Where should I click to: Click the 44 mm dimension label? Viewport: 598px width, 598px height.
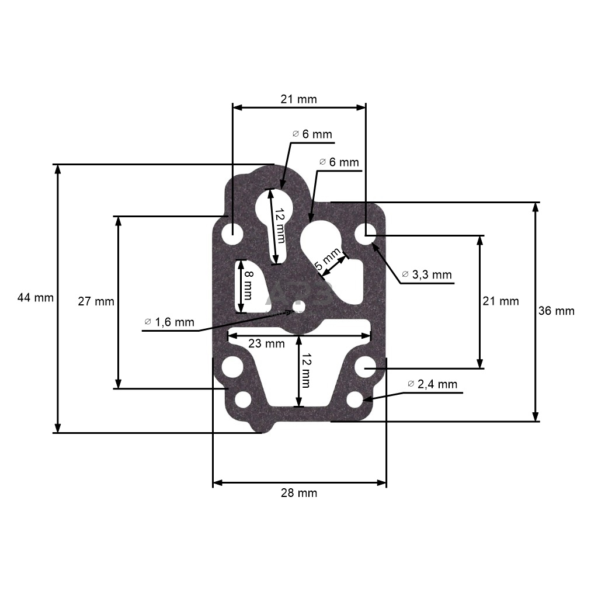[35, 298]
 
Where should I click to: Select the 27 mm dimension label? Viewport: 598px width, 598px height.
[96, 302]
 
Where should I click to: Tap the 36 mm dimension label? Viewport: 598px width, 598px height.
[556, 311]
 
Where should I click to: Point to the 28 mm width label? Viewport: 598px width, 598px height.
[299, 493]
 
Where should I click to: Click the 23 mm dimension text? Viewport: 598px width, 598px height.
[266, 344]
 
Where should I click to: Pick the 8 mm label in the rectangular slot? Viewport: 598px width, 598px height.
[248, 286]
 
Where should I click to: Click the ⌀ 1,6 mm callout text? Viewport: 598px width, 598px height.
[169, 322]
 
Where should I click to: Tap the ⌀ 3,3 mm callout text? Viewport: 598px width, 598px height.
[427, 274]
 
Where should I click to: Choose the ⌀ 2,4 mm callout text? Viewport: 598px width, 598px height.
[433, 384]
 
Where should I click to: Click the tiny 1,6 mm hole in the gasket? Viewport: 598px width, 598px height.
[298, 306]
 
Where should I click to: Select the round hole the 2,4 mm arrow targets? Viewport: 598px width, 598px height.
[355, 400]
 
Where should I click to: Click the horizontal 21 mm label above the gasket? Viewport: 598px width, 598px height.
[298, 99]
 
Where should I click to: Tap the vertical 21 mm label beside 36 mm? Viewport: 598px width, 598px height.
[500, 301]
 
